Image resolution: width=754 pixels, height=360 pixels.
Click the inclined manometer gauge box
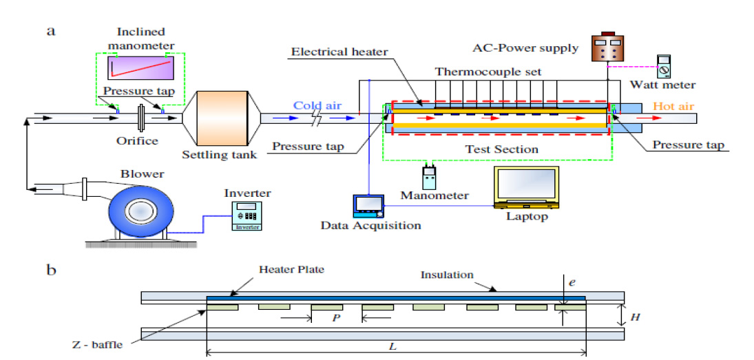(140, 68)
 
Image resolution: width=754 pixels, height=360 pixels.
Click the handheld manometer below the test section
(430, 177)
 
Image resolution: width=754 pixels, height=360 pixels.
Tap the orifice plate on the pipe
(141, 117)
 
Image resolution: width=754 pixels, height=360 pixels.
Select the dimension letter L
(392, 346)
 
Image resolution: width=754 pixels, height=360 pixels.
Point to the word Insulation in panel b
(448, 275)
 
